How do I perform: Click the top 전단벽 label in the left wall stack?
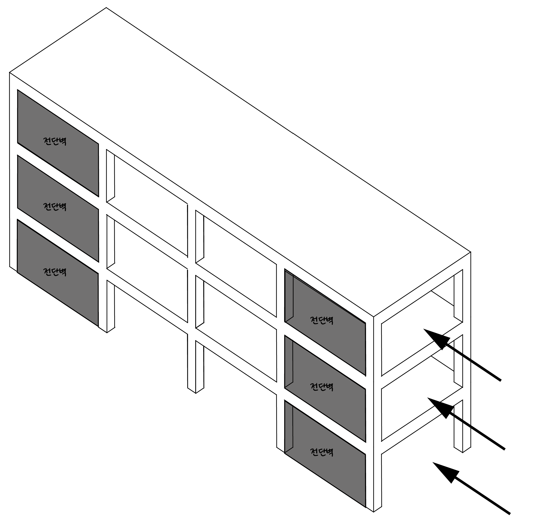click(x=55, y=141)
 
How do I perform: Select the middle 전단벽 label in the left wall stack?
click(x=55, y=206)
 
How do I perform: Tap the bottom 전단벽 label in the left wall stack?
click(x=55, y=272)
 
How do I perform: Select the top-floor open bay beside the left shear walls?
click(x=151, y=205)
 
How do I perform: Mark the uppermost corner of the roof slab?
click(x=106, y=8)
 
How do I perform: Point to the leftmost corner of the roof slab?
click(x=10, y=73)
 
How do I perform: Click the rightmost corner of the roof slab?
click(x=471, y=252)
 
